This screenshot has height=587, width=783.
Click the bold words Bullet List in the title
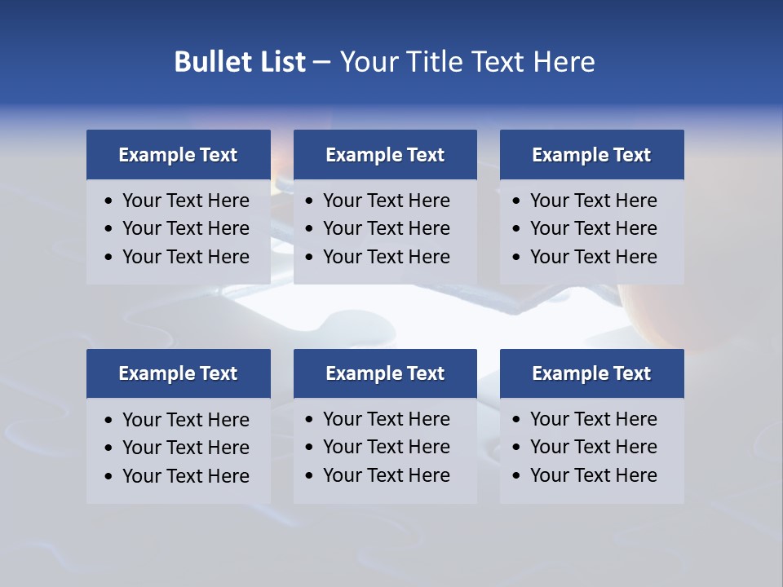tap(240, 62)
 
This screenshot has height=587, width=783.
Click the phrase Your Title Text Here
tap(467, 62)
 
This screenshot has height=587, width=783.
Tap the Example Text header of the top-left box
tap(178, 155)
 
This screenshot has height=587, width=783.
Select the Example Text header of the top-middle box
tap(385, 155)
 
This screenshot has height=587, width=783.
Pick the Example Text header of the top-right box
tap(591, 155)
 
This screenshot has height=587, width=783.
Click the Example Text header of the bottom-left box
tap(178, 373)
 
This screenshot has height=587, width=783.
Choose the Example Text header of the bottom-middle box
tap(385, 373)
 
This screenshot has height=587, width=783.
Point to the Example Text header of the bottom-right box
tap(591, 373)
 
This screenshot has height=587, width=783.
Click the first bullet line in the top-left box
tap(185, 201)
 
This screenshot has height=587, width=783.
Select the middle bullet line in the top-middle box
tap(386, 228)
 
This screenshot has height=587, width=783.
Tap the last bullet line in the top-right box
tap(593, 257)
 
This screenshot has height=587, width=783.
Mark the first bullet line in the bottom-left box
tap(185, 420)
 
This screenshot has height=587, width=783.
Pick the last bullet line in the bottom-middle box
tap(386, 475)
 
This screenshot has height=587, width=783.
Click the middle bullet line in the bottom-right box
tap(593, 447)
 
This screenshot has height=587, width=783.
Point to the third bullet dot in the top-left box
tap(108, 258)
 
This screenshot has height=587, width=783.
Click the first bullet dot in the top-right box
tap(516, 201)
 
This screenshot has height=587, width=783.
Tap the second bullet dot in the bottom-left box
tap(108, 448)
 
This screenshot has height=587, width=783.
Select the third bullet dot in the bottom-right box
tap(516, 476)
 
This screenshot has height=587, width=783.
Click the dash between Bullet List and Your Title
tap(321, 62)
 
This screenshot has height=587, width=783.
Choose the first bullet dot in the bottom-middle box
tap(309, 420)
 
